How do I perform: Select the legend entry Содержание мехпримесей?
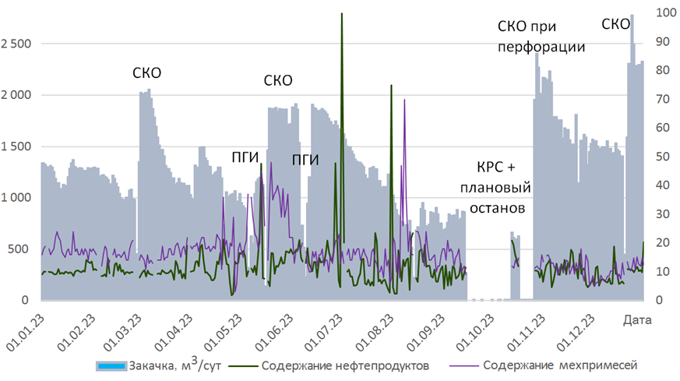click(549, 365)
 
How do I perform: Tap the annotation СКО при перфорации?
click(541, 37)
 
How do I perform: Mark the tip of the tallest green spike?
click(342, 14)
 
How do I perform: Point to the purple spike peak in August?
click(404, 100)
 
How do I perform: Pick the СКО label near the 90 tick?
click(616, 25)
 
